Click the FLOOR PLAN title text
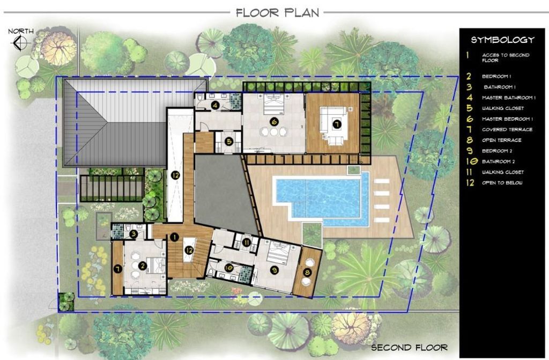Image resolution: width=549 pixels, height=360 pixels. pos(277,13)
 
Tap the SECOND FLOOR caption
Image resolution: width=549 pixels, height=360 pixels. pos(409,347)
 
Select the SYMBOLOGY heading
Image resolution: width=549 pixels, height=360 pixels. pos(502,40)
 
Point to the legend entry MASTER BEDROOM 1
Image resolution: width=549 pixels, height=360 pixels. pos(507,119)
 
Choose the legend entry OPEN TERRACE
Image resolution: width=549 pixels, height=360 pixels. pos(501,140)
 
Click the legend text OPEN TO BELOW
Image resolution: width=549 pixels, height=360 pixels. pos(502,182)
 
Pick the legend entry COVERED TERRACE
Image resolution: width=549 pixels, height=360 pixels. pos(507,129)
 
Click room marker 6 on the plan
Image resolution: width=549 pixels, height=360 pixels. pos(274,122)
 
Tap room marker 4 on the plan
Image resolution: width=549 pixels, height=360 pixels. pos(216,105)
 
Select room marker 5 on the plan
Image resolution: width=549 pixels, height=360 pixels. pos(229,142)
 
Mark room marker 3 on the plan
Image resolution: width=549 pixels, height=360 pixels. pos(133,234)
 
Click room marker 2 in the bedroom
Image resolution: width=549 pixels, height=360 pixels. pos(142,266)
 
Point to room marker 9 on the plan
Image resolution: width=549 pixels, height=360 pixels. pos(274,270)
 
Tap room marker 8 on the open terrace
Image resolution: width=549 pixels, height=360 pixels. pos(307,273)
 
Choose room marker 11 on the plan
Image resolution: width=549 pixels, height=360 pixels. pos(246,242)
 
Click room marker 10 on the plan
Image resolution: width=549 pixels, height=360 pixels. pos(228,268)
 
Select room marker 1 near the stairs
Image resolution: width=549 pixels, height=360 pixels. pos(174,237)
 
